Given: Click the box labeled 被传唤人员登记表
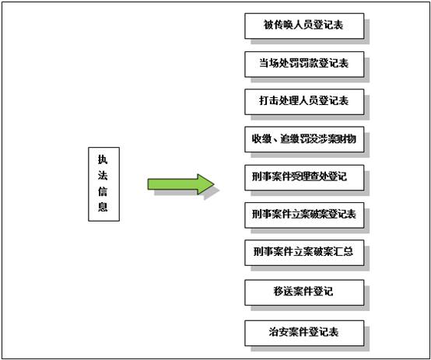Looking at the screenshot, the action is tap(304, 26).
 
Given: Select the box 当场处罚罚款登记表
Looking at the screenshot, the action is tap(304, 65).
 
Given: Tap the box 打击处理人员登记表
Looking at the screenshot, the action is tap(304, 102).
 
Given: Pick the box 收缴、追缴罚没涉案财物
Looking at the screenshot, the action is tap(304, 140).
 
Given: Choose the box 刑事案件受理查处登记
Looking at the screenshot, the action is tap(304, 178).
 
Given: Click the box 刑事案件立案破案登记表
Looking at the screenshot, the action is tap(304, 215).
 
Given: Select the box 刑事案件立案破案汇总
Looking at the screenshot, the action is tap(304, 253).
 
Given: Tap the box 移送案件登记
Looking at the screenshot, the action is tap(304, 292).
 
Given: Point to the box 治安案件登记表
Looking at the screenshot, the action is tap(304, 333).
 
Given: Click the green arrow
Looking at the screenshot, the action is tap(180, 184).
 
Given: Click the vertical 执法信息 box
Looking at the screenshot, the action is tap(104, 184).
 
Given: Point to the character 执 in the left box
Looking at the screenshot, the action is tap(103, 159).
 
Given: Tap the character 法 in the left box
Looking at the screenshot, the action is tap(103, 175).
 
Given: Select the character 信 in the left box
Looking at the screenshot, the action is tap(103, 191).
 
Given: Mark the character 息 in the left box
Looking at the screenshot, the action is tap(103, 207).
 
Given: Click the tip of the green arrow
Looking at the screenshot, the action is tap(214, 184).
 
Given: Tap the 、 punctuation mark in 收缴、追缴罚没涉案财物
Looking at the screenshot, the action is tap(275, 142).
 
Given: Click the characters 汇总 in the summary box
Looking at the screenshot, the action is tap(344, 252).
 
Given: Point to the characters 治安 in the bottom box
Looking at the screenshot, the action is tap(279, 332).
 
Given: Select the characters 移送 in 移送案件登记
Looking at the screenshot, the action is tap(283, 292).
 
